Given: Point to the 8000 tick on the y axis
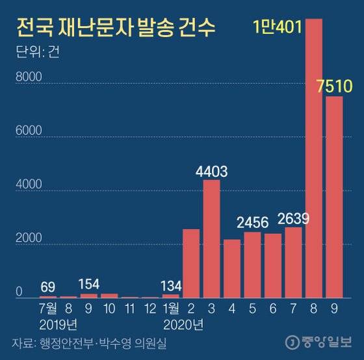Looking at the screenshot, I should click(28, 78).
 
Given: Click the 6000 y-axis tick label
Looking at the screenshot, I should click(28, 132).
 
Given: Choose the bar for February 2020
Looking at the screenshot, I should click(191, 263).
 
